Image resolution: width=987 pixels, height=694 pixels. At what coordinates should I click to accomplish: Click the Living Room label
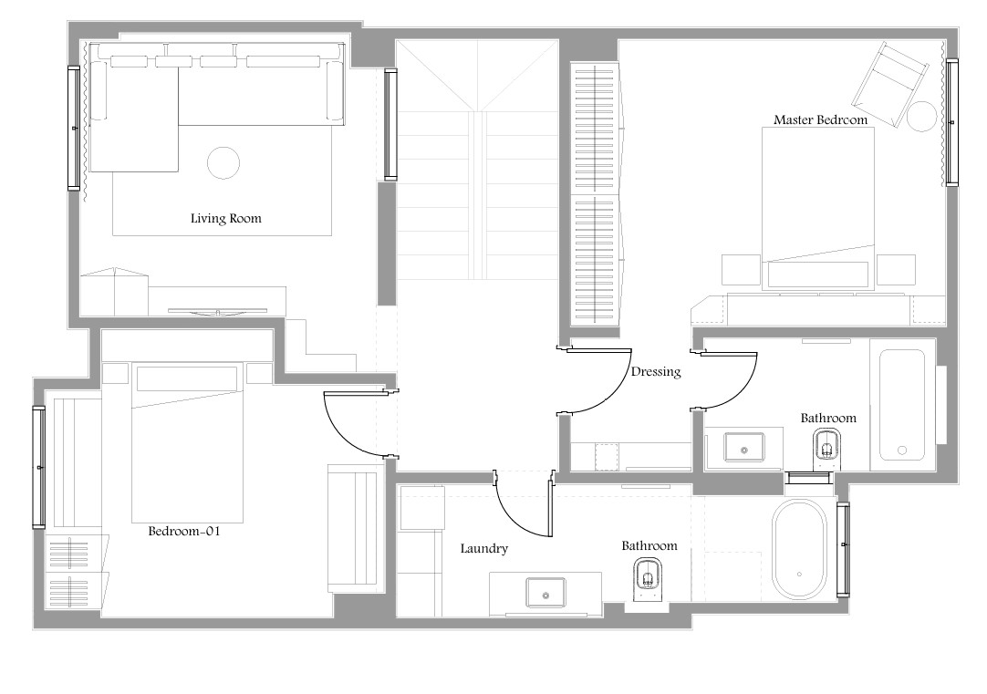click(226, 218)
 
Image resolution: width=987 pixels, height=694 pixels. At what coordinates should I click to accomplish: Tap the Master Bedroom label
click(820, 119)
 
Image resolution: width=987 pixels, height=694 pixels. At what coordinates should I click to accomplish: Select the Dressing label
click(656, 371)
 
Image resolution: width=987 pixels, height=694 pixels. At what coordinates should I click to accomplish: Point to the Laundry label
click(484, 548)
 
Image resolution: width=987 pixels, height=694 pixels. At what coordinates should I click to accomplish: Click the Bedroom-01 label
click(184, 531)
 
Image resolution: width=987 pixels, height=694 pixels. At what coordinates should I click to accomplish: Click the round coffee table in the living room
click(223, 163)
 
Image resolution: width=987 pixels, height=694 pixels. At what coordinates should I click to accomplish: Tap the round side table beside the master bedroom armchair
click(921, 117)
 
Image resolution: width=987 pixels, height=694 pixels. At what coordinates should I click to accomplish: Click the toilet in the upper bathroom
click(826, 448)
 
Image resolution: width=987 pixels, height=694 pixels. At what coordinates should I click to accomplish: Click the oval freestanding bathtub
click(799, 550)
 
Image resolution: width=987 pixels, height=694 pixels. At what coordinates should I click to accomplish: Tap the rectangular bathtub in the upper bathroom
click(902, 405)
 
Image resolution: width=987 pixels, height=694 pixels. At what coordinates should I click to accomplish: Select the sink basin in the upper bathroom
click(744, 447)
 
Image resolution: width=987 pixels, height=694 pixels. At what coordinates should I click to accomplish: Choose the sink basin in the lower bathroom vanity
click(545, 592)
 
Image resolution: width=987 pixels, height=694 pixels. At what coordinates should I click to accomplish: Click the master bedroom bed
click(817, 208)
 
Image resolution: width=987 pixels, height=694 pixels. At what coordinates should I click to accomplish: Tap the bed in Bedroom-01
click(187, 442)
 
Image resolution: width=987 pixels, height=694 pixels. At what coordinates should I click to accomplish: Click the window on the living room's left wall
click(74, 128)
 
